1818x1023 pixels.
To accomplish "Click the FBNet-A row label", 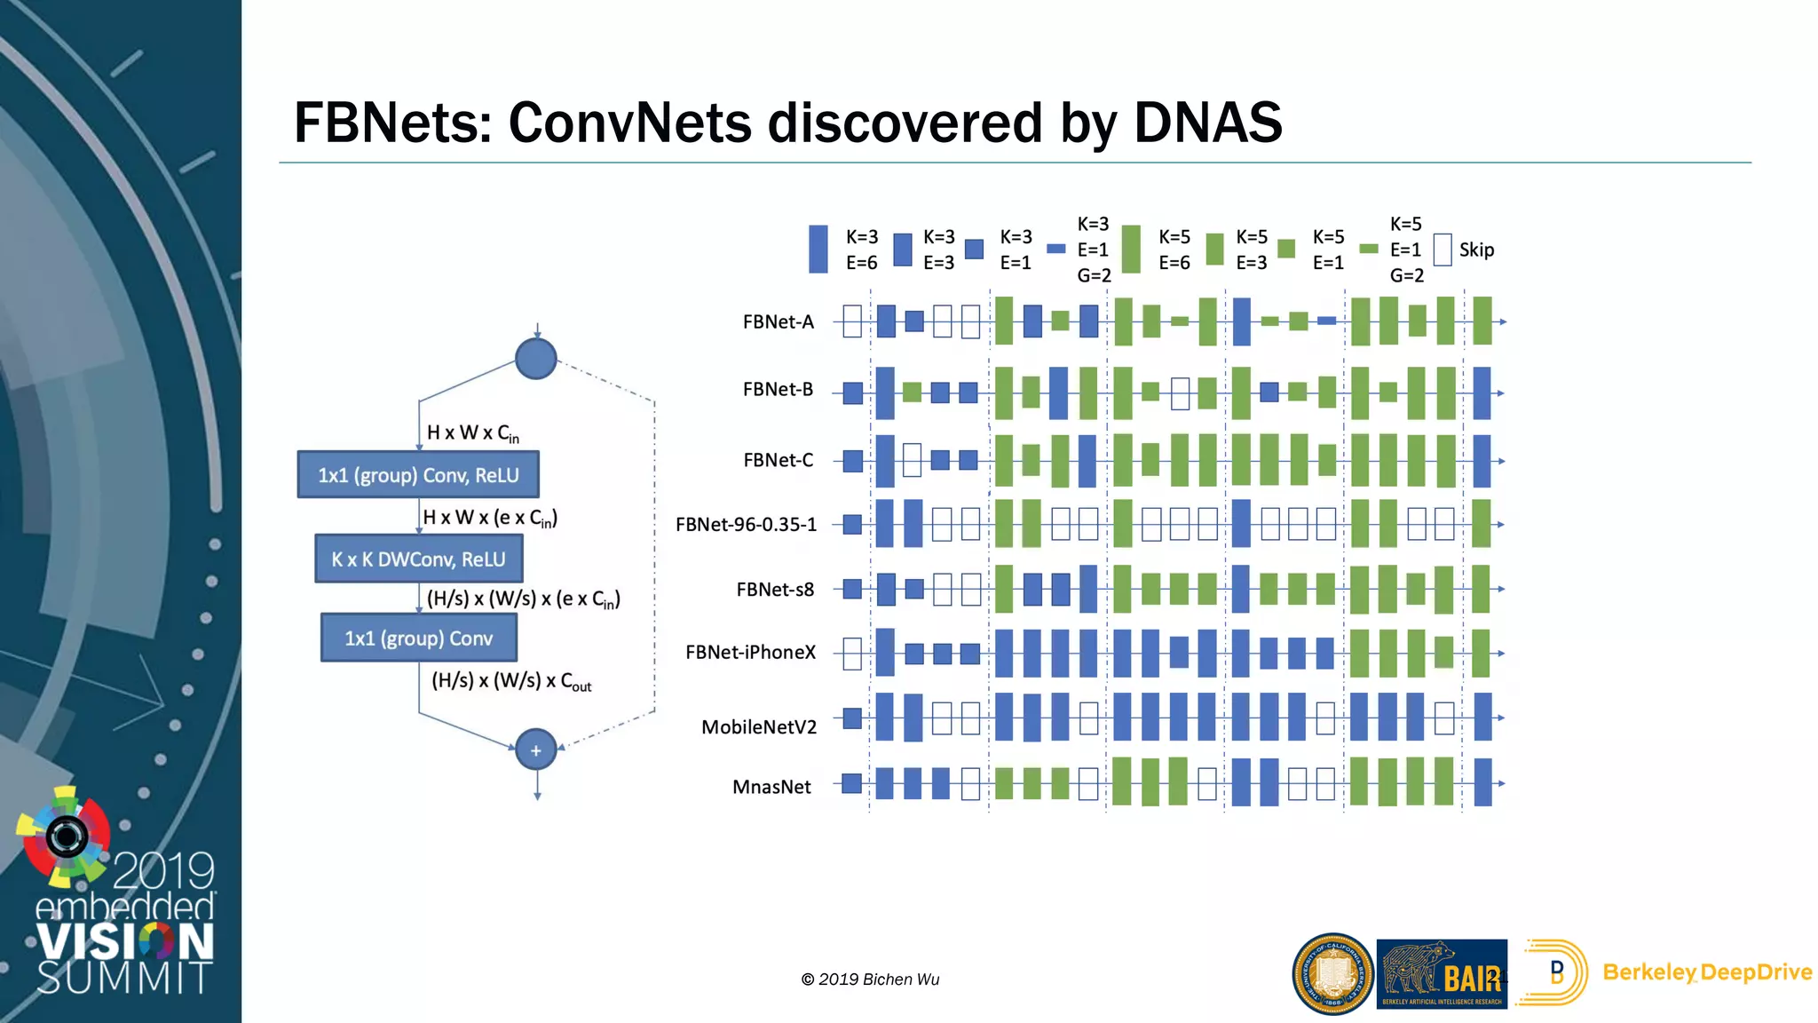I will [778, 321].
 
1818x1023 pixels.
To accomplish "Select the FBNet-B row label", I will [778, 389].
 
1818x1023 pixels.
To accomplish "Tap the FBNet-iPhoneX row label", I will [750, 652].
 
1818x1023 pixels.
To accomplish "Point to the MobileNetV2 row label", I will [758, 727].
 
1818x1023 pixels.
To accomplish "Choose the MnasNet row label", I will [771, 787].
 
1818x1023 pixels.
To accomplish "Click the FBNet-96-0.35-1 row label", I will [746, 524].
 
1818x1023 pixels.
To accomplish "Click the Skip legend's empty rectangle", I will [1443, 250].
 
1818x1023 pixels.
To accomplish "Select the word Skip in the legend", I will [1476, 250].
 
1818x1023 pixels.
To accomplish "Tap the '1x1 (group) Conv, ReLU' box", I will [418, 475].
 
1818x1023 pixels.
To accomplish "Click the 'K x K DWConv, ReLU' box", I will [418, 559].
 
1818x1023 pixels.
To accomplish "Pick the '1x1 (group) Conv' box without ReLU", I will [418, 638].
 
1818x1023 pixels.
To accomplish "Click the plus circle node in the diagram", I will [536, 750].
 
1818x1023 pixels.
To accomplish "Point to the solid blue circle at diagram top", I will [536, 359].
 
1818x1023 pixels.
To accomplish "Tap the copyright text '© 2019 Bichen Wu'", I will [870, 979].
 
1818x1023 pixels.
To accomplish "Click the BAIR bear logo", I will [1442, 973].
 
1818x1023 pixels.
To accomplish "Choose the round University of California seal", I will [1332, 973].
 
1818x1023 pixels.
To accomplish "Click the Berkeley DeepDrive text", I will [1706, 972].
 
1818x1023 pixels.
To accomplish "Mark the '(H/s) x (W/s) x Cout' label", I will [511, 681].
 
